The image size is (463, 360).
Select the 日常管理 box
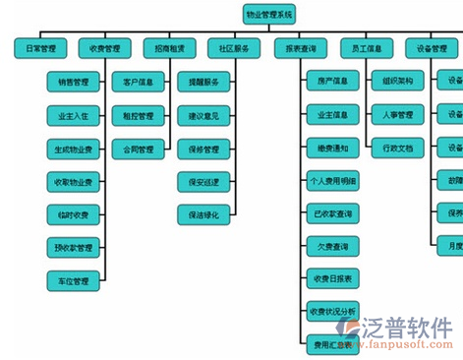[x=41, y=47]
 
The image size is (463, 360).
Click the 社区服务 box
[x=234, y=47]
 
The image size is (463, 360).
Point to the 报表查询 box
[x=300, y=47]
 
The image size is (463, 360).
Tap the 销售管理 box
[x=74, y=82]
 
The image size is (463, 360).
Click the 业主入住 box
[x=74, y=115]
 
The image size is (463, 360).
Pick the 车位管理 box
[x=74, y=281]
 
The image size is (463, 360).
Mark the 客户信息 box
[x=131, y=82]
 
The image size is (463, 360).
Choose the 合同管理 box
[x=131, y=150]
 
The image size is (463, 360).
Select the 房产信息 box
[x=332, y=82]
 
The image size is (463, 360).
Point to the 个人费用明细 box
[x=332, y=181]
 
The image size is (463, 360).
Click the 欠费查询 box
[x=332, y=247]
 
